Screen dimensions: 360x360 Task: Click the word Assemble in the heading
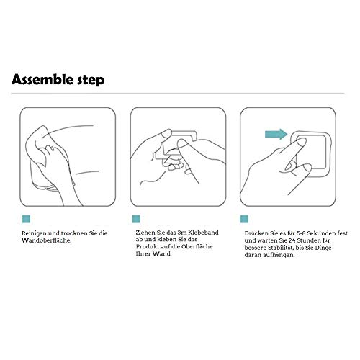click(x=42, y=79)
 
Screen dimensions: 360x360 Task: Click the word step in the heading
click(x=91, y=81)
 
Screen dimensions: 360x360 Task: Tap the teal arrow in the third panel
click(x=276, y=134)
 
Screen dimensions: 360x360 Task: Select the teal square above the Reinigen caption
click(x=26, y=219)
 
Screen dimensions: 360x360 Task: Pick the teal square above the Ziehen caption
click(x=136, y=219)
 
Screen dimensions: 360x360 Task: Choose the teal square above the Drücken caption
click(x=244, y=219)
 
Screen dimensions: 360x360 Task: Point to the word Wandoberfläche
click(x=47, y=240)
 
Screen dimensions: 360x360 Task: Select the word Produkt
click(x=146, y=246)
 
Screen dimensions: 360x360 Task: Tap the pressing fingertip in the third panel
click(x=302, y=142)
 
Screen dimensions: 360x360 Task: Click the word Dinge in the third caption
click(x=323, y=248)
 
